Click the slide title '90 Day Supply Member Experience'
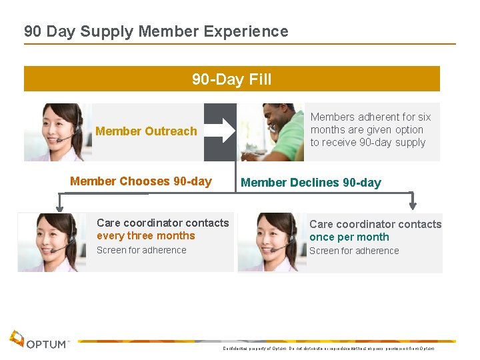pyautogui.click(x=156, y=31)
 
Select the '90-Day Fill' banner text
pyautogui.click(x=231, y=79)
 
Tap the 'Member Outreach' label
pyautogui.click(x=146, y=131)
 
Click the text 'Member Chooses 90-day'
pyautogui.click(x=141, y=181)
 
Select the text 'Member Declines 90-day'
pyautogui.click(x=311, y=183)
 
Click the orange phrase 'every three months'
pyautogui.click(x=146, y=236)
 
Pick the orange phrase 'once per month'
pyautogui.click(x=349, y=237)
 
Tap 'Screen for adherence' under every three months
pyautogui.click(x=141, y=251)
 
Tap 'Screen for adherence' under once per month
pyautogui.click(x=354, y=251)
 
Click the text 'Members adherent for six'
pyautogui.click(x=371, y=117)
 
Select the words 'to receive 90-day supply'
pyautogui.click(x=368, y=143)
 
